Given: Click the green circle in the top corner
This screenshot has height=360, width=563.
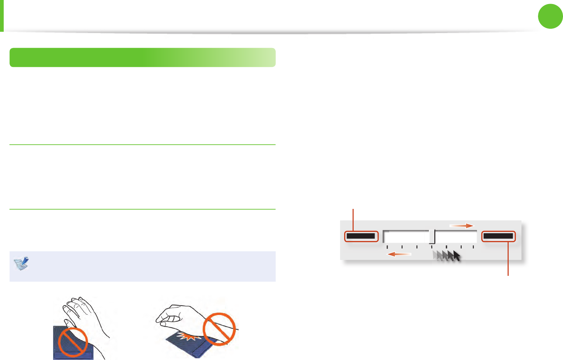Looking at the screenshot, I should [551, 16].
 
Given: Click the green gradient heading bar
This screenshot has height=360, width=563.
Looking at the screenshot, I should [142, 57].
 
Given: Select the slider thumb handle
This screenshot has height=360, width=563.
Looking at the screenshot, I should [432, 237].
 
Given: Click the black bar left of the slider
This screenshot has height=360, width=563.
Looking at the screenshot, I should [361, 236].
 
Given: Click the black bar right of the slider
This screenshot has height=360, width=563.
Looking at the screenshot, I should [498, 236].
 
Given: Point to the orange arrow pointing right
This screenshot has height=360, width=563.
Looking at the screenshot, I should [462, 226].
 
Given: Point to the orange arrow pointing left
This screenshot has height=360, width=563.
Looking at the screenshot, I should [399, 254].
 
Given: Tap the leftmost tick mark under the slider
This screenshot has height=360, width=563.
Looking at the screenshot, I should [387, 247].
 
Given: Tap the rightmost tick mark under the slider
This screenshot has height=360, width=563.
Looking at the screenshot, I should [474, 247].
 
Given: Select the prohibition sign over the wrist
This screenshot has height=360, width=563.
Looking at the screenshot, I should [219, 329].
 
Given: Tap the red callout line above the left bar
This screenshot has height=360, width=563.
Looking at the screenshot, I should [353, 220].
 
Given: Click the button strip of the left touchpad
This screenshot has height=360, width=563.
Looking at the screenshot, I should [73, 355].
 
